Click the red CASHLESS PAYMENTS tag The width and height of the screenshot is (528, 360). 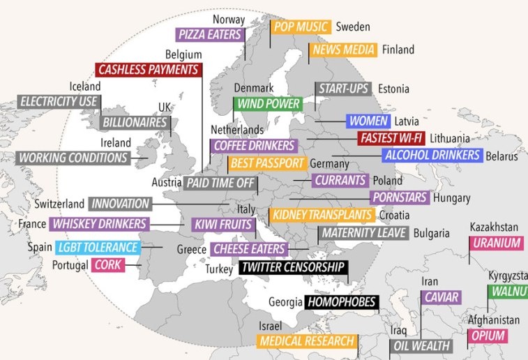(149, 70)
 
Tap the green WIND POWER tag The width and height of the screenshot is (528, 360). (268, 104)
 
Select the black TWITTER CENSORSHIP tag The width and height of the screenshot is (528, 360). (292, 267)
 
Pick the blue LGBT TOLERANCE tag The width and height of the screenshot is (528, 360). (98, 247)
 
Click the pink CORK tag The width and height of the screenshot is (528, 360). (108, 265)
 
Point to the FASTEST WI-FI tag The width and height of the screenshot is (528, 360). (391, 138)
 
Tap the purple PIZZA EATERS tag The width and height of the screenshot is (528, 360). (210, 34)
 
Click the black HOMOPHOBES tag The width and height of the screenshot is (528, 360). (342, 302)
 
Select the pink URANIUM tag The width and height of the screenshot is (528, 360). (497, 243)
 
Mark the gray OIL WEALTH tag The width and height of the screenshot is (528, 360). (422, 345)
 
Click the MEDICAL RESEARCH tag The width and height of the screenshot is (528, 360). (308, 342)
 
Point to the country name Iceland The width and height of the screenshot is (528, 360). (85, 87)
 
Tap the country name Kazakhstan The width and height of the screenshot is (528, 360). (494, 227)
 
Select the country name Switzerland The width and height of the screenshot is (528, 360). (59, 204)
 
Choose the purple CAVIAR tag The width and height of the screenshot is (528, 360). (441, 297)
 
